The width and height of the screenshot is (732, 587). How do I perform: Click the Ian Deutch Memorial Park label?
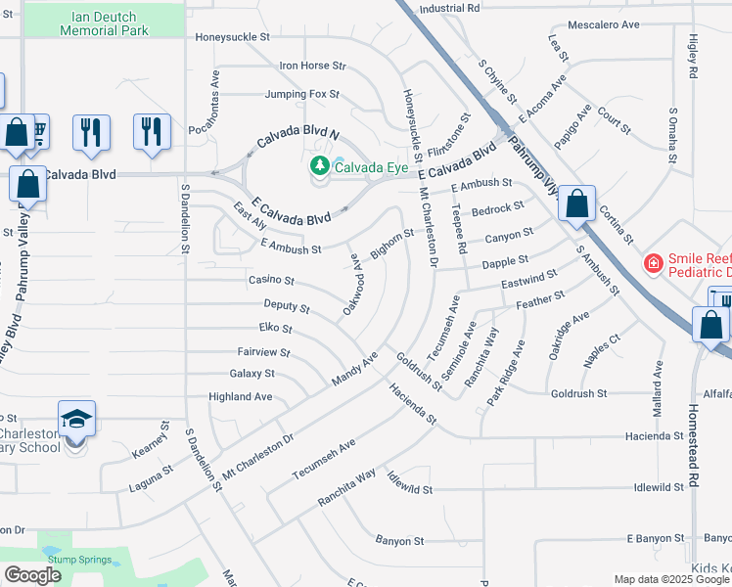pyautogui.click(x=104, y=23)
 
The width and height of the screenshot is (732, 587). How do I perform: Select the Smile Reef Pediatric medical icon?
pyautogui.click(x=652, y=262)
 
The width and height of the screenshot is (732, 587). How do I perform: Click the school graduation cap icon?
pyautogui.click(x=76, y=420)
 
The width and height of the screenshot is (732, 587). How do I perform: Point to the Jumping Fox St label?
pyautogui.click(x=301, y=95)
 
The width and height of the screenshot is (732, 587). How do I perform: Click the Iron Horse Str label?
pyautogui.click(x=313, y=66)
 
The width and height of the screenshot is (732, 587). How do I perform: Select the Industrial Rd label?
pyautogui.click(x=449, y=8)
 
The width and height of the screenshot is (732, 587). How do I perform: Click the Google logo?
pyautogui.click(x=32, y=575)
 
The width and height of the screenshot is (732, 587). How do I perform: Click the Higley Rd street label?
pyautogui.click(x=692, y=58)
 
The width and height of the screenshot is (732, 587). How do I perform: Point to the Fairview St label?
pyautogui.click(x=263, y=351)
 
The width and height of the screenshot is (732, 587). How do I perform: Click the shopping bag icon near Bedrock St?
pyautogui.click(x=577, y=204)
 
